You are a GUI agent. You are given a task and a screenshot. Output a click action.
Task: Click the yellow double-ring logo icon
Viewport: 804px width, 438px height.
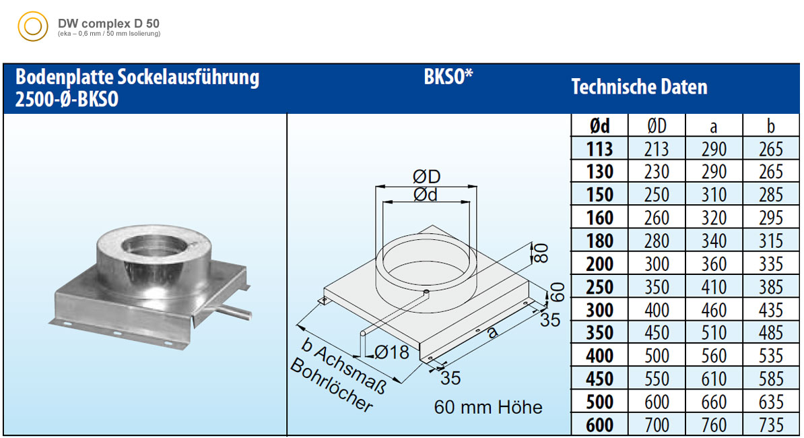click(x=33, y=26)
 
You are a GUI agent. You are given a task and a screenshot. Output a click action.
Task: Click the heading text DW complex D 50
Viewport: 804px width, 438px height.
click(x=108, y=23)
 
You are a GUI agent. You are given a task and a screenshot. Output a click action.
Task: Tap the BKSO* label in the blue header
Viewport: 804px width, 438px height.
click(x=448, y=77)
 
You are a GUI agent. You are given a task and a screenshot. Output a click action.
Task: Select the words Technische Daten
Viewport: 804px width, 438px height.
click(x=640, y=87)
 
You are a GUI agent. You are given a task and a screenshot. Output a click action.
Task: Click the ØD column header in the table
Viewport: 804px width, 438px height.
click(x=657, y=125)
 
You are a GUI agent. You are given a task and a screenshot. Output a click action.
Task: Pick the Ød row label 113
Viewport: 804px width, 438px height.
click(x=599, y=149)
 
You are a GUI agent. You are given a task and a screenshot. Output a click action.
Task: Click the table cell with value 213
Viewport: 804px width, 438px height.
click(x=657, y=149)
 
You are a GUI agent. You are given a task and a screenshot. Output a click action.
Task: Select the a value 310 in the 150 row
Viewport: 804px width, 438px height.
click(x=714, y=195)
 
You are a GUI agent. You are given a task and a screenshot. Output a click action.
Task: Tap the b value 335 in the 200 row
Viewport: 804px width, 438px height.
click(x=771, y=264)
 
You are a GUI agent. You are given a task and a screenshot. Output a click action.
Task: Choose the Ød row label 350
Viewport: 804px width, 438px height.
click(x=599, y=333)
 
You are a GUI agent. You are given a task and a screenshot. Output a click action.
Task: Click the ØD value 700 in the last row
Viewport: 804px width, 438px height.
click(x=657, y=425)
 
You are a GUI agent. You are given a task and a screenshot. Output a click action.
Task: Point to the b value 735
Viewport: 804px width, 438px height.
click(x=771, y=425)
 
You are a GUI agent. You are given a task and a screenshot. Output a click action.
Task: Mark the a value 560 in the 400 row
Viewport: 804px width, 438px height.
click(x=714, y=356)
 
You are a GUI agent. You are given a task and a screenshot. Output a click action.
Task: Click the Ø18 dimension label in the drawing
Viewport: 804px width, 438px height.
click(x=391, y=352)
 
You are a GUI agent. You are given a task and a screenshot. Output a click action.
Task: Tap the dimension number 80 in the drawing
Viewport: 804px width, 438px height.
click(x=541, y=253)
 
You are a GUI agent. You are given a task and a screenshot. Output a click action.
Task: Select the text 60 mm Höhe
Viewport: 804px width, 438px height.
click(x=488, y=407)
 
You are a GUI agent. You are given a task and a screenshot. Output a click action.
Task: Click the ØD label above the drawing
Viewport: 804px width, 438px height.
click(x=427, y=177)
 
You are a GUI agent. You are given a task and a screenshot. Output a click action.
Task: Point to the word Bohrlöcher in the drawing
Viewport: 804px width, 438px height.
click(x=331, y=385)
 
